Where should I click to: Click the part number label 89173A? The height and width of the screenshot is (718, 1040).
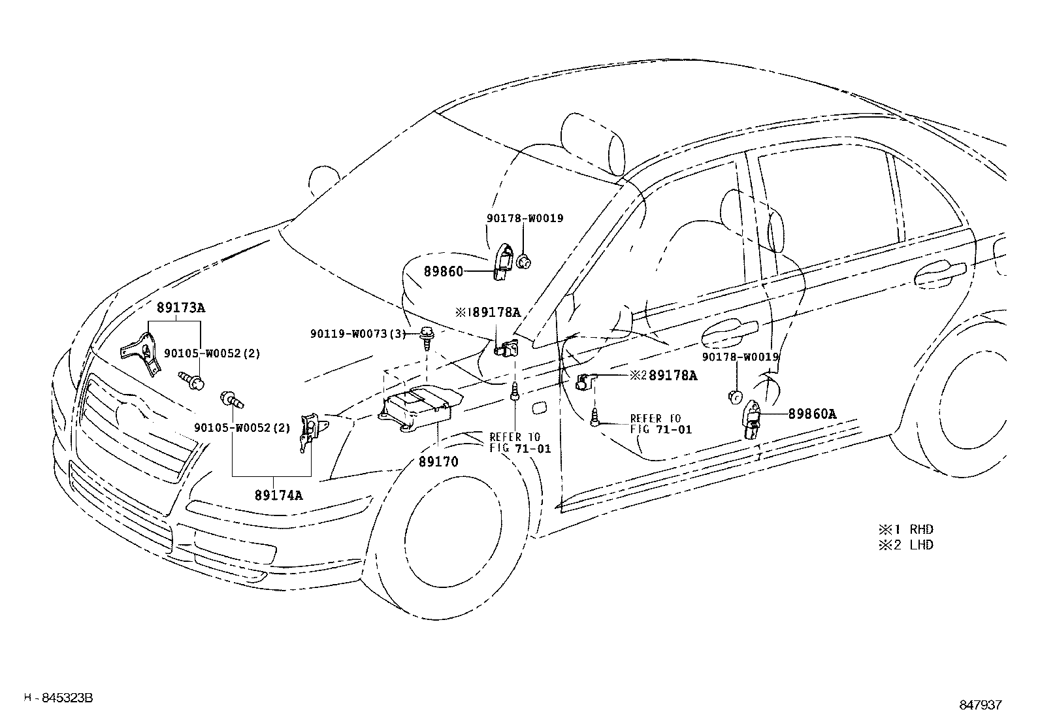click(x=180, y=307)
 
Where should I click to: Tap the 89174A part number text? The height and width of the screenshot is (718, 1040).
click(x=278, y=495)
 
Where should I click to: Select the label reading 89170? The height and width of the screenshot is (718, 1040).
click(x=438, y=462)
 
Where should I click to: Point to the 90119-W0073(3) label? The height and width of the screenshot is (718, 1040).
click(x=359, y=335)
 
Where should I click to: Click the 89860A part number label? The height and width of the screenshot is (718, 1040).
click(x=812, y=414)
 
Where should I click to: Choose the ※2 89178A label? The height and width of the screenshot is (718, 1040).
click(x=664, y=376)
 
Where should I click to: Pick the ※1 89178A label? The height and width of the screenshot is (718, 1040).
click(x=488, y=313)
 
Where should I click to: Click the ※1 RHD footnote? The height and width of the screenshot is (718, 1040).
click(x=906, y=530)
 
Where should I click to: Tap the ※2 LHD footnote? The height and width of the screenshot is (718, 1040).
click(x=906, y=545)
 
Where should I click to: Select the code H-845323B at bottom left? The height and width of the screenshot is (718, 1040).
click(x=59, y=698)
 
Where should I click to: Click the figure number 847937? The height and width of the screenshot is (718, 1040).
click(x=980, y=705)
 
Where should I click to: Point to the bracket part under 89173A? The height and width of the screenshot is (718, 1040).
click(x=142, y=353)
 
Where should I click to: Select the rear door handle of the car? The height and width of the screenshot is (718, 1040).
click(x=941, y=274)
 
